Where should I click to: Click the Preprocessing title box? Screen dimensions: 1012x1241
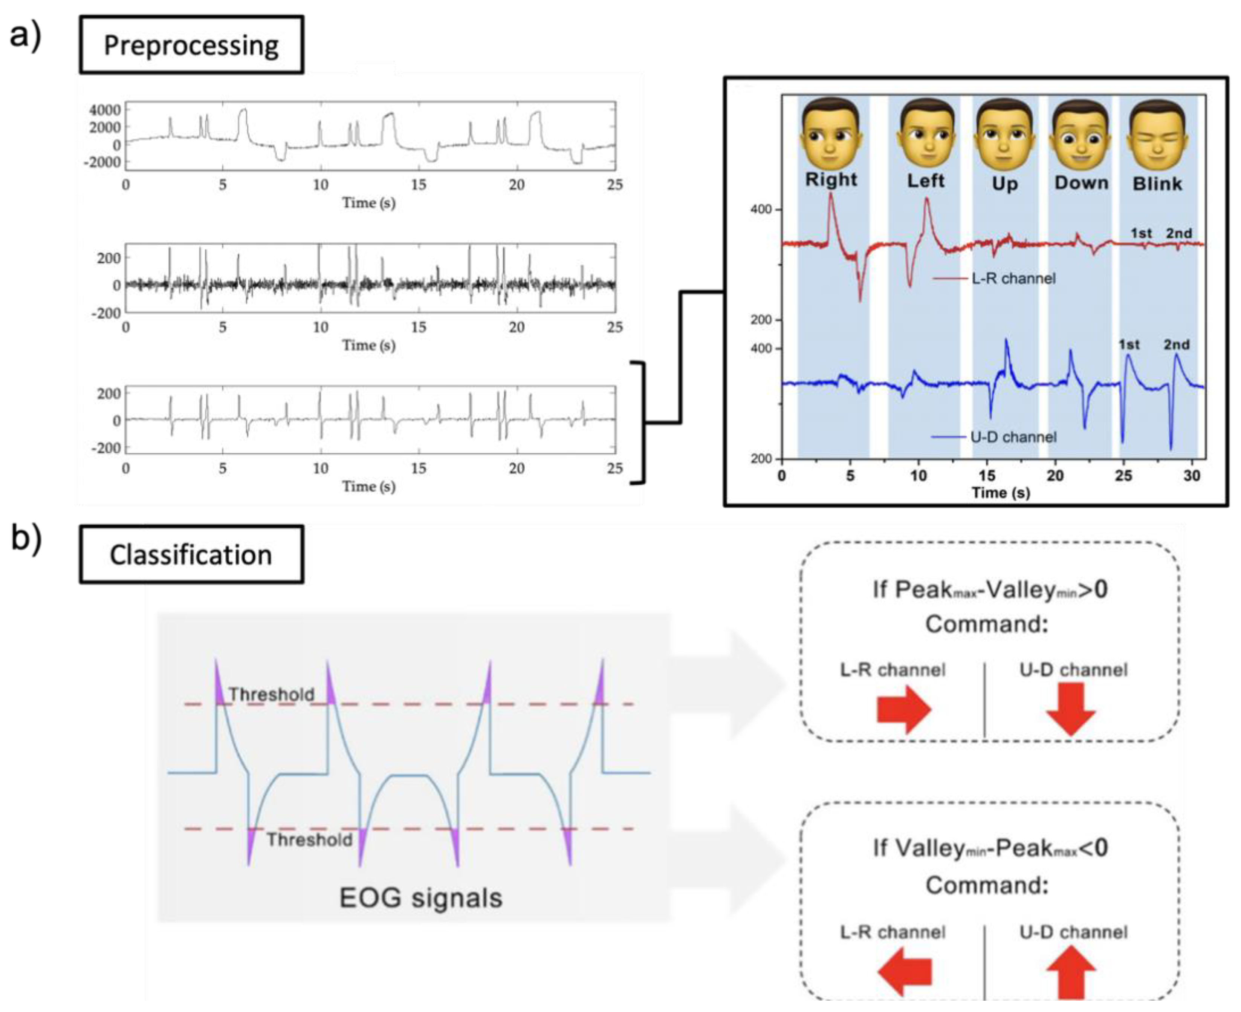(191, 45)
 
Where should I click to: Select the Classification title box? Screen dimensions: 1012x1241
(191, 554)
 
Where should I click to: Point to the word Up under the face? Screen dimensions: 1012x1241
(1004, 184)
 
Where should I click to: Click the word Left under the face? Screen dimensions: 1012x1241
(925, 181)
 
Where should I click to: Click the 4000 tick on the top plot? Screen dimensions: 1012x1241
(105, 110)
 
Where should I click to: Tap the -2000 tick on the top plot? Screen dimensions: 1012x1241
(102, 162)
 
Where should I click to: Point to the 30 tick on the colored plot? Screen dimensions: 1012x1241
(1192, 476)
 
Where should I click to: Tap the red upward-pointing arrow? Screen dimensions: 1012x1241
(1071, 972)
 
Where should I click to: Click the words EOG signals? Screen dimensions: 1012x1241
(421, 898)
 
